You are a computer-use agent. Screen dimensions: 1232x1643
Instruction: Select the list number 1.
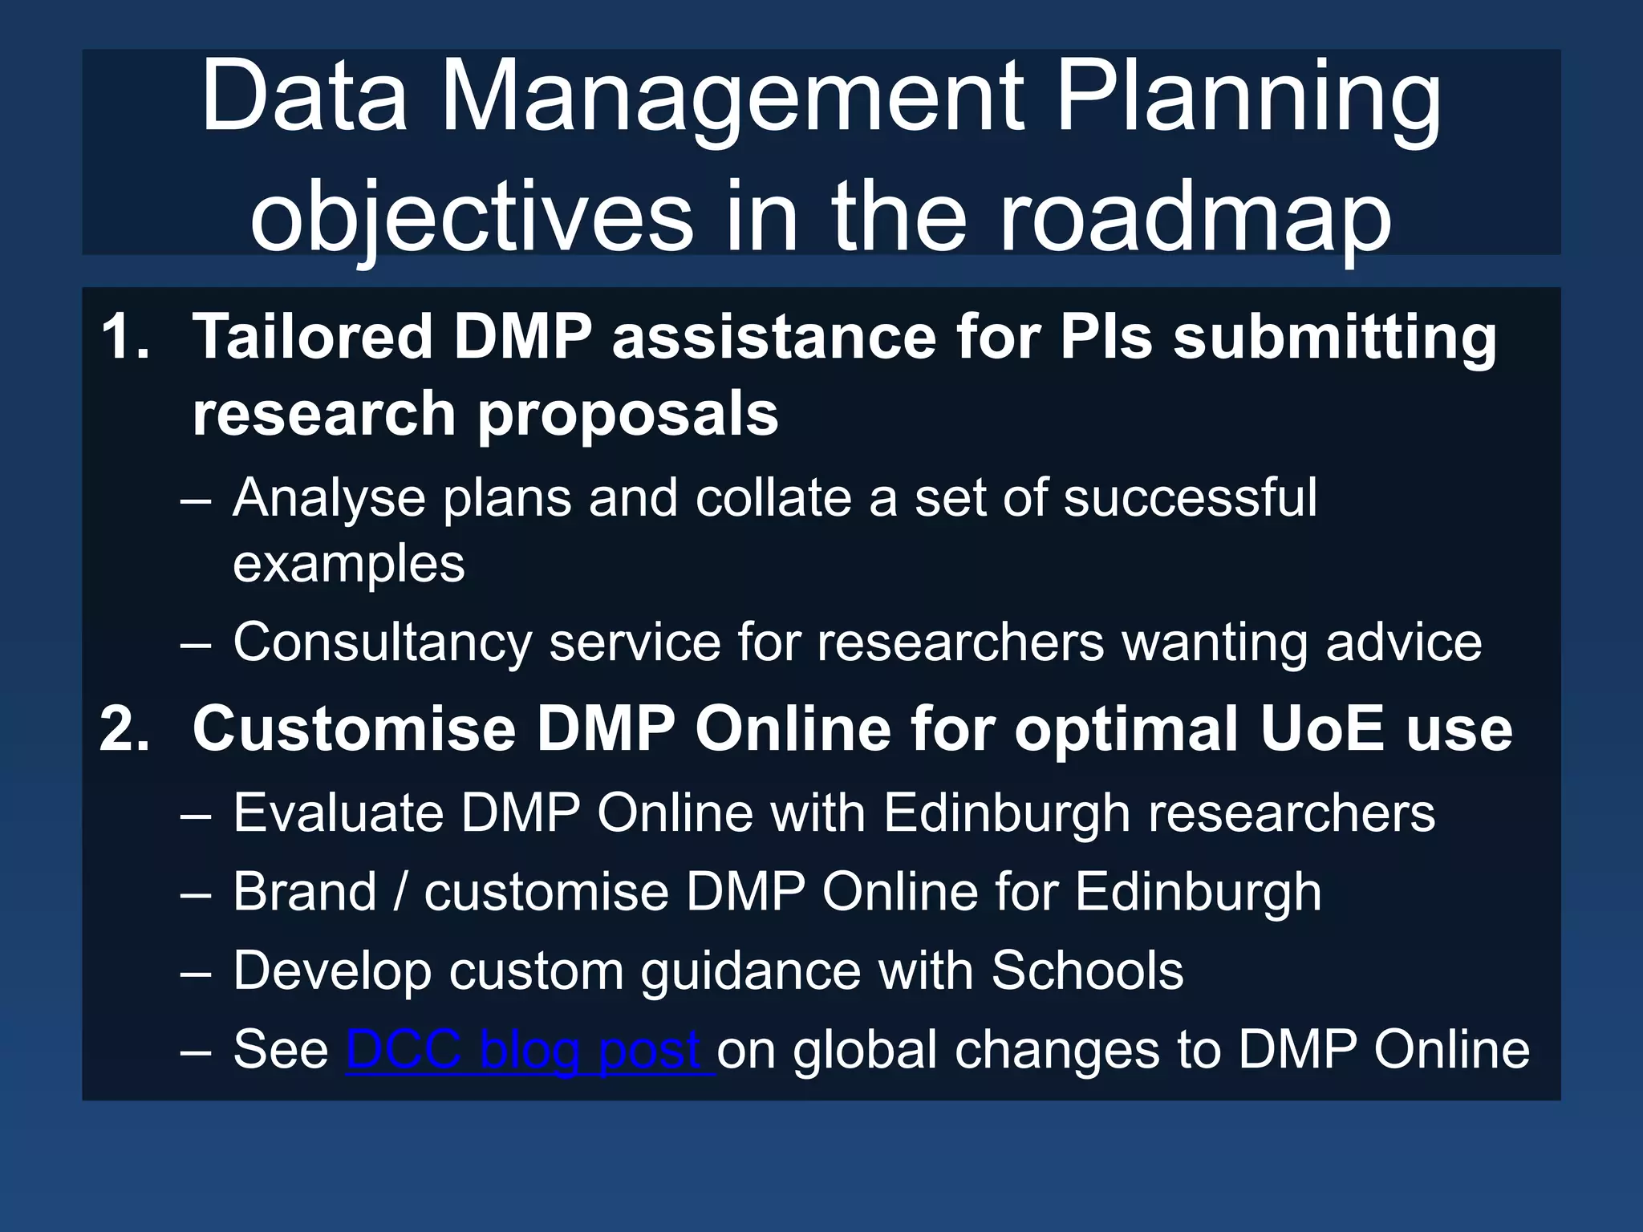124,337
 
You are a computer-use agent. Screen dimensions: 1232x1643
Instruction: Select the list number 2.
124,728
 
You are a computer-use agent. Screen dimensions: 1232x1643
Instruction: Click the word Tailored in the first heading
313,337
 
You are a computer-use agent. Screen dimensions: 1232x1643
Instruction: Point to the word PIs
1106,337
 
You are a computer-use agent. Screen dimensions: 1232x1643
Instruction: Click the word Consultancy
383,643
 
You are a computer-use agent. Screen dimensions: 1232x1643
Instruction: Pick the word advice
1403,643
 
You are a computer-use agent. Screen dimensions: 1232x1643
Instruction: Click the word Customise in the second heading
354,728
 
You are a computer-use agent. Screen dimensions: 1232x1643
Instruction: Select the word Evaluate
338,813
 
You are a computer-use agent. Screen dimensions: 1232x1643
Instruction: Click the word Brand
305,892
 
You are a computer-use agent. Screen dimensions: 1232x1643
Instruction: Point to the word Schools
1087,971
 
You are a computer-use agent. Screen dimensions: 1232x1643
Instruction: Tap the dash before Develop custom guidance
196,972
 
